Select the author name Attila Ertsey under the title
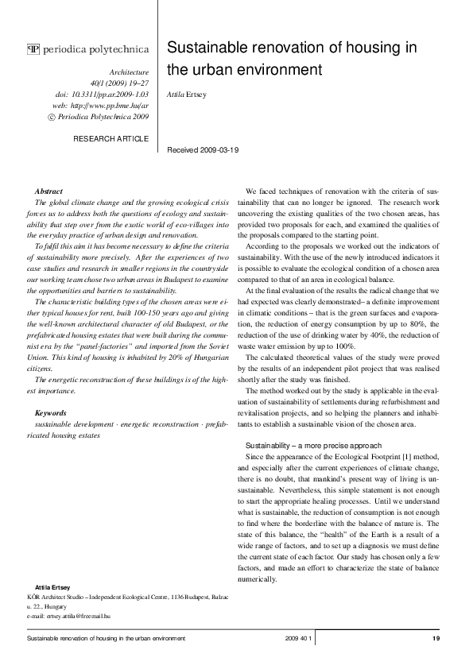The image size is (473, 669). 186,94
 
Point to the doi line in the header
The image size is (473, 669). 103,92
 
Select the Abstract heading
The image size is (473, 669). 50,191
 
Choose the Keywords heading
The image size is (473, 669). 52,412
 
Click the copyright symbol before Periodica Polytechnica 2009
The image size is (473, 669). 52,116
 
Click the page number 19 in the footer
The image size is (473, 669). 436,639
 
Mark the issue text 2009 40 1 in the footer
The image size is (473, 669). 300,639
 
